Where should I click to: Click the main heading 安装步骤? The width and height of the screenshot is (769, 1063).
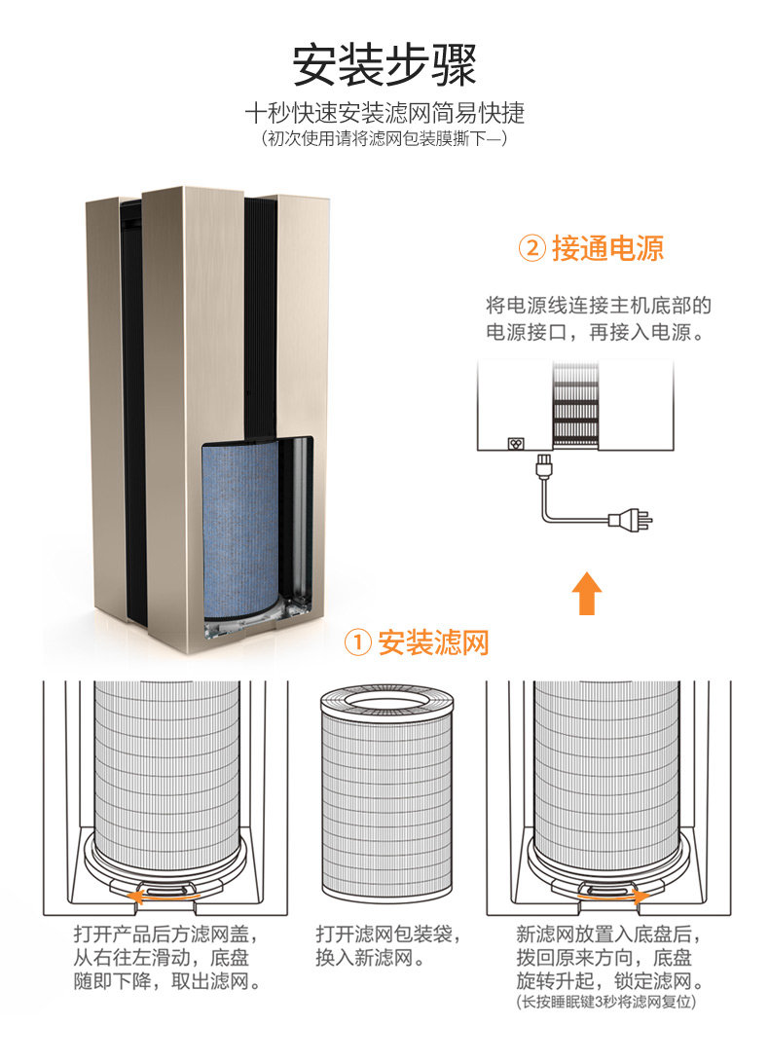[x=384, y=65]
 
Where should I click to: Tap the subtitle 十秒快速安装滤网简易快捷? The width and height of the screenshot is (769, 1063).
[x=384, y=113]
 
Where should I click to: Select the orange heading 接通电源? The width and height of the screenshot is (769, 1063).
[x=607, y=248]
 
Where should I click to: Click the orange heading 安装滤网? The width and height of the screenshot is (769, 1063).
[x=433, y=642]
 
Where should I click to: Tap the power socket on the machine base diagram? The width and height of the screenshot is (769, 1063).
[x=518, y=441]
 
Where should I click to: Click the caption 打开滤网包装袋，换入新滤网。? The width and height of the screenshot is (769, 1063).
[x=385, y=946]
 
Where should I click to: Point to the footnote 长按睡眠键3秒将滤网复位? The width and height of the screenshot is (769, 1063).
[x=604, y=1001]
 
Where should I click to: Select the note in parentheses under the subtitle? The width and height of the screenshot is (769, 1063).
[x=384, y=139]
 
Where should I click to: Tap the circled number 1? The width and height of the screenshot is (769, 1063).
[x=359, y=643]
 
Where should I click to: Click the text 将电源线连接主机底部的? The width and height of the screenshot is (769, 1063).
[x=598, y=306]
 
